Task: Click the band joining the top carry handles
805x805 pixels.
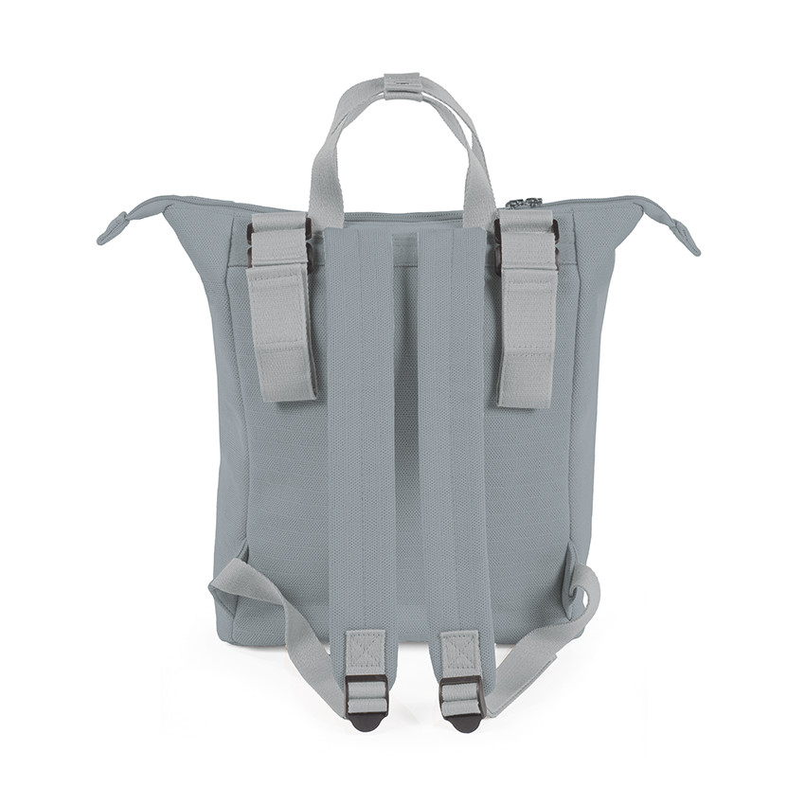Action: click(x=402, y=85)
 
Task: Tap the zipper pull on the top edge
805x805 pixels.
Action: click(x=524, y=203)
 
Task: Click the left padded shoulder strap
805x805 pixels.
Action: click(x=361, y=426)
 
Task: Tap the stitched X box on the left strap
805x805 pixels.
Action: click(x=365, y=652)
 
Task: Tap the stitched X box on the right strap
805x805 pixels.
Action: click(x=460, y=652)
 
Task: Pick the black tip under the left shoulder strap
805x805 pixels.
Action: click(x=365, y=722)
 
